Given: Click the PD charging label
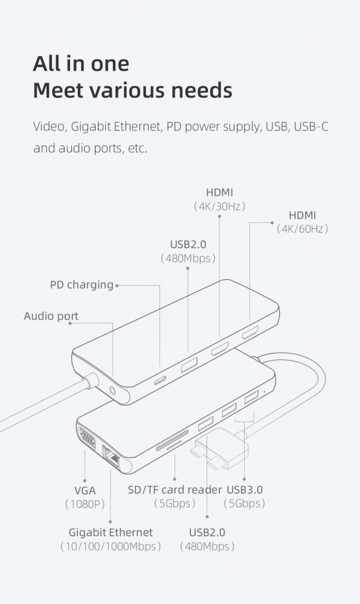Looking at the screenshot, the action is [x=82, y=285].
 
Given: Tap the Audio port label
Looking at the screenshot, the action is [x=51, y=316].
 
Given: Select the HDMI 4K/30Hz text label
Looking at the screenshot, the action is [x=219, y=199].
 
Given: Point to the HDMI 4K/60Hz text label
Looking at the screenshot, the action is [x=302, y=222].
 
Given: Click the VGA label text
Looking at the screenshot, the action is [x=85, y=490].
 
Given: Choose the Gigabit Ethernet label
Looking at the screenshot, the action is [x=111, y=539].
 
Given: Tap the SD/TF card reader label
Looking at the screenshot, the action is [x=175, y=490].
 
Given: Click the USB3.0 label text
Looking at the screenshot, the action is [x=245, y=490].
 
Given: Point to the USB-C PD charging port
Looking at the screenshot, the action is [x=160, y=380].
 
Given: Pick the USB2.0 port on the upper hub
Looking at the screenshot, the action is [x=190, y=364].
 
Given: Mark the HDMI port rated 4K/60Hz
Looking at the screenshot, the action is [x=250, y=332].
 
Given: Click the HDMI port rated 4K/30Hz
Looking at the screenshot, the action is [x=220, y=349].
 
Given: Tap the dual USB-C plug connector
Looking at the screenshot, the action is [x=222, y=449].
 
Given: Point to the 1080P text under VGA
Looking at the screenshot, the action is [x=85, y=504].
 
